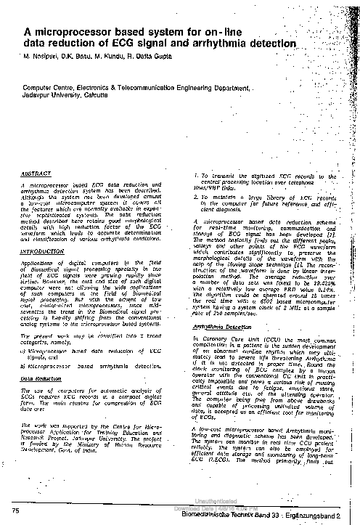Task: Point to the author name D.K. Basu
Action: click(x=85, y=57)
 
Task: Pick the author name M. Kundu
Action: click(x=120, y=57)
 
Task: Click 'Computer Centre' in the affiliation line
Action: click(x=46, y=106)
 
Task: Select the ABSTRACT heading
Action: click(x=36, y=175)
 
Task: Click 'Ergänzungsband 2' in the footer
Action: click(x=327, y=513)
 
